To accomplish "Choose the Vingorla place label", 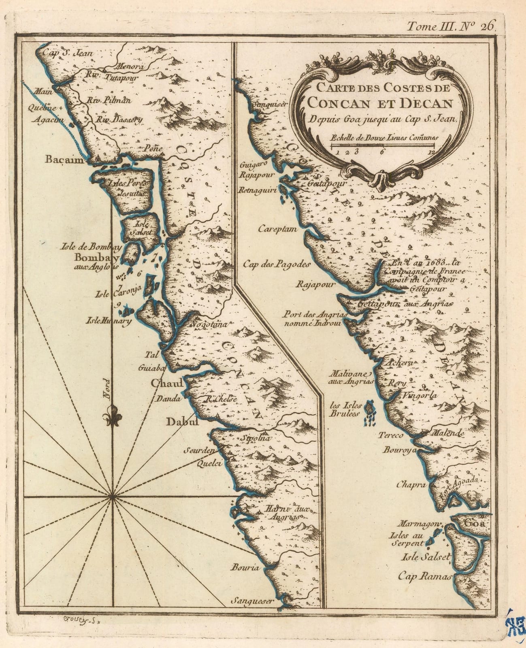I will click(x=417, y=396).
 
